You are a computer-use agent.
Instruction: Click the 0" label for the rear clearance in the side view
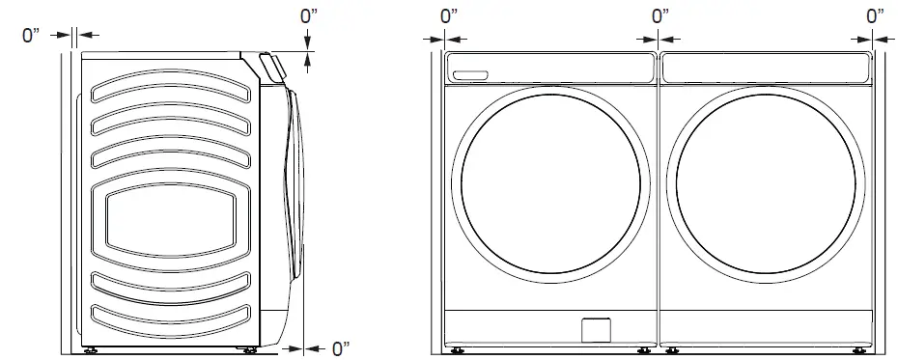(31, 36)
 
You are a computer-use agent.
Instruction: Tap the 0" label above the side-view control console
(309, 16)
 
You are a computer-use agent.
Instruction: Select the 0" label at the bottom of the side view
(341, 348)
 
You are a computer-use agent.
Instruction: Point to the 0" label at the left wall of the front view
(449, 16)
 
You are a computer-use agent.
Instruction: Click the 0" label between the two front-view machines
(660, 16)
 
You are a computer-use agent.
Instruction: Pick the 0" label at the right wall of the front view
(875, 16)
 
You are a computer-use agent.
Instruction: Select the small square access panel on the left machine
(596, 330)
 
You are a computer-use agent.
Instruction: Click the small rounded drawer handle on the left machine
(470, 75)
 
